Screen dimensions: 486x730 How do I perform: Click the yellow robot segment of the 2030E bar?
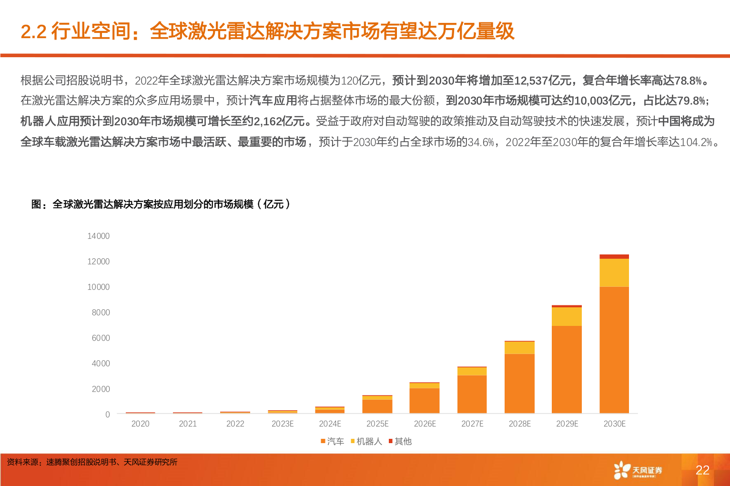pos(614,273)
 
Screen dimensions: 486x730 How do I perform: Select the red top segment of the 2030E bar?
pos(614,257)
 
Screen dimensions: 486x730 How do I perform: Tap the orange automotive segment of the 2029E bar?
pos(567,369)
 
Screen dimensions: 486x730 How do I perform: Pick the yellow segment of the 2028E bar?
pos(519,348)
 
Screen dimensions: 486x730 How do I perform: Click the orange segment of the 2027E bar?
pos(472,394)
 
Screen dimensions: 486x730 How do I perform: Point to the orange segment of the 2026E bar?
pos(425,401)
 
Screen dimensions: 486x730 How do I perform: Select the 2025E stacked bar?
pos(377,405)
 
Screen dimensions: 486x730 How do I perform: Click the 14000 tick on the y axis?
pos(98,236)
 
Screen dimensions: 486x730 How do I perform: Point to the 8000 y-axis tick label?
pos(101,313)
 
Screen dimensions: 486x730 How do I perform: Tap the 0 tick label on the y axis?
pos(108,415)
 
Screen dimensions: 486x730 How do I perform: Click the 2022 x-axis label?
pos(235,424)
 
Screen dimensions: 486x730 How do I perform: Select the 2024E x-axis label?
pos(330,424)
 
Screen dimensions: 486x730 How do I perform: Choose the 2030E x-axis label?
pos(614,424)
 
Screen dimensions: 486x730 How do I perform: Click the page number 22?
pos(702,470)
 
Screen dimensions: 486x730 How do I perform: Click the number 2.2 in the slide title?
pos(33,32)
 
